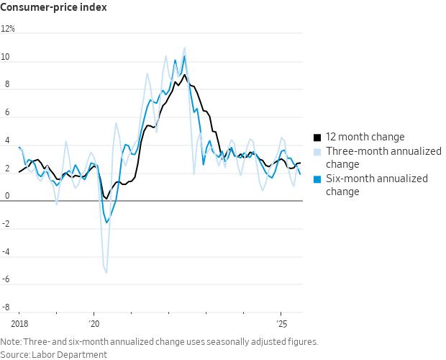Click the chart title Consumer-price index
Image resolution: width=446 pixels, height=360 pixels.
click(x=54, y=7)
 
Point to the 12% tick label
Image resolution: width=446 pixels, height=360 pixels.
click(x=8, y=30)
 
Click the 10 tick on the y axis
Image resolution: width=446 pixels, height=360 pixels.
click(x=6, y=58)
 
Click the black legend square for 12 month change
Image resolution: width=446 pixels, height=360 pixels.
click(x=317, y=137)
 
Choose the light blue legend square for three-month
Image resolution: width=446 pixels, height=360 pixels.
click(x=317, y=151)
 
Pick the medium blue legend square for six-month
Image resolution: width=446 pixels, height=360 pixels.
click(x=317, y=179)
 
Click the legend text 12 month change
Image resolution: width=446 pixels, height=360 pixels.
click(x=365, y=137)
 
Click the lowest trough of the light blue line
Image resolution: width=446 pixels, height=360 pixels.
click(x=106, y=273)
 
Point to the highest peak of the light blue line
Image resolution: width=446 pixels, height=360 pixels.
click(x=184, y=48)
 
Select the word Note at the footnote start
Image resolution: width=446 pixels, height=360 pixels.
click(x=11, y=342)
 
